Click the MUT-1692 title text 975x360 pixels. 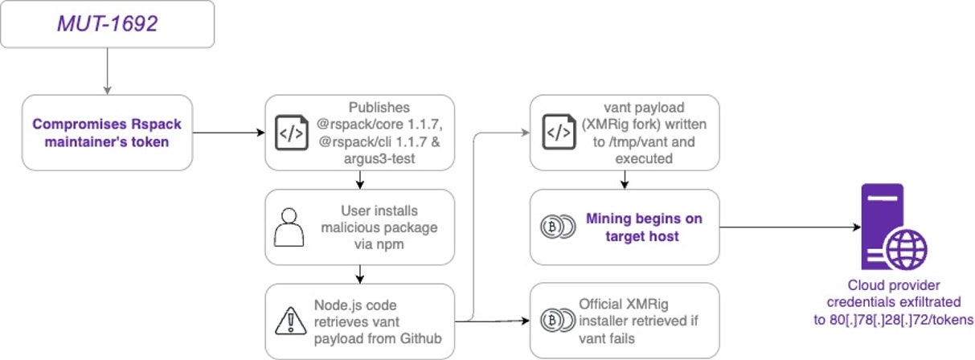click(x=107, y=24)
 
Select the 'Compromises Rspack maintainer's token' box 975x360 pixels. click(x=107, y=133)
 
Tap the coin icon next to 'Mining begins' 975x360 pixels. click(x=554, y=227)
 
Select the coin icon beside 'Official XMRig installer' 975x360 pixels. click(x=554, y=320)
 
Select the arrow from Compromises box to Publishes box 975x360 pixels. click(x=228, y=133)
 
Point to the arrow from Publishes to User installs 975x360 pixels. click(x=358, y=181)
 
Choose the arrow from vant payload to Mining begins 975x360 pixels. click(x=624, y=180)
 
